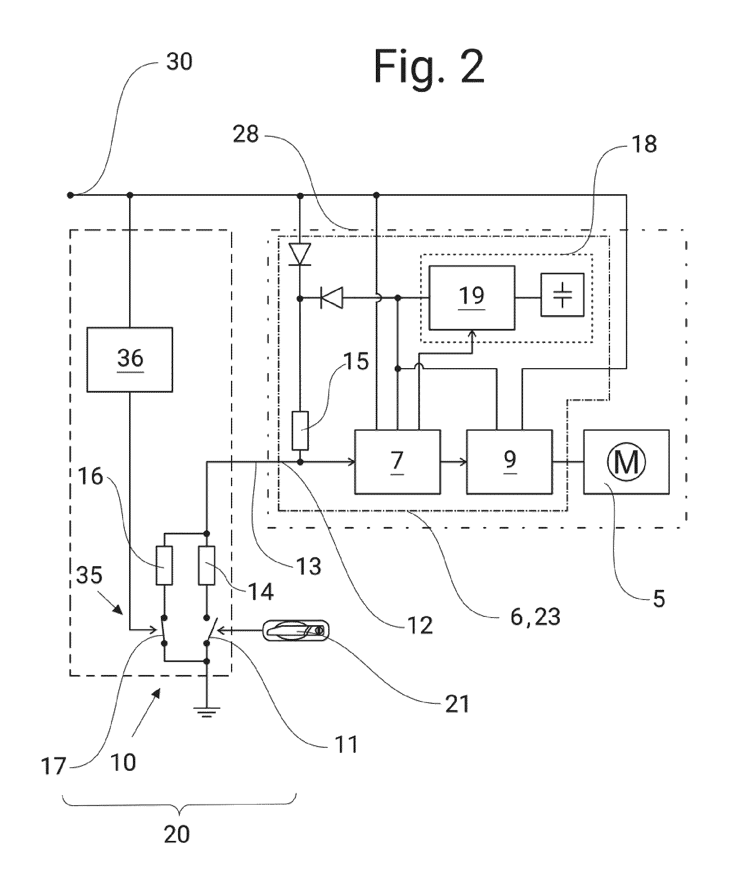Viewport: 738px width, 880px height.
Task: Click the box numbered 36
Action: pyautogui.click(x=130, y=359)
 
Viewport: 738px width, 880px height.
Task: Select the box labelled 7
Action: pyautogui.click(x=397, y=462)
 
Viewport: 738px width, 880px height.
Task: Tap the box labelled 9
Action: pyautogui.click(x=509, y=462)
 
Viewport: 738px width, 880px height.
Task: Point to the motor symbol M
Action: pyautogui.click(x=626, y=462)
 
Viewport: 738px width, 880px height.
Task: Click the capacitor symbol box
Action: pyautogui.click(x=562, y=295)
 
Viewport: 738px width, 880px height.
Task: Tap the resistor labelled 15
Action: pyautogui.click(x=300, y=430)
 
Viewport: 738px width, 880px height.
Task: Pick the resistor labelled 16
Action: pyautogui.click(x=164, y=566)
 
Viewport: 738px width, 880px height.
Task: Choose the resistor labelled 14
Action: pyautogui.click(x=207, y=566)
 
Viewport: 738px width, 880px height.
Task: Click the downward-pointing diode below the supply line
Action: pyautogui.click(x=300, y=254)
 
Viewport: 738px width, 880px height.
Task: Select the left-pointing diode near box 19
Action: pyautogui.click(x=331, y=298)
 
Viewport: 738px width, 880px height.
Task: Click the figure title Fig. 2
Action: pyautogui.click(x=429, y=67)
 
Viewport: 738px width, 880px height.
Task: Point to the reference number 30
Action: pyautogui.click(x=179, y=62)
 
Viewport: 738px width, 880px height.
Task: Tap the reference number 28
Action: pyautogui.click(x=246, y=134)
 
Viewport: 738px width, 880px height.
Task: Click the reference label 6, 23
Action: pyautogui.click(x=536, y=618)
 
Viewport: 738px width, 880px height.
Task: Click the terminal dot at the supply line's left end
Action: pyautogui.click(x=71, y=195)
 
